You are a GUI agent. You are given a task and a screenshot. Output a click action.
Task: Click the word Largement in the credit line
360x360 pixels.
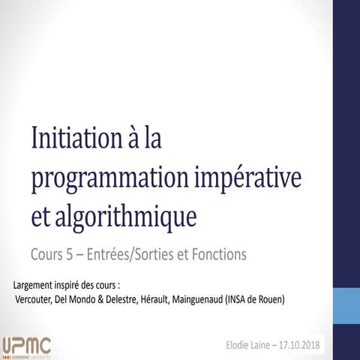pos(36,286)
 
